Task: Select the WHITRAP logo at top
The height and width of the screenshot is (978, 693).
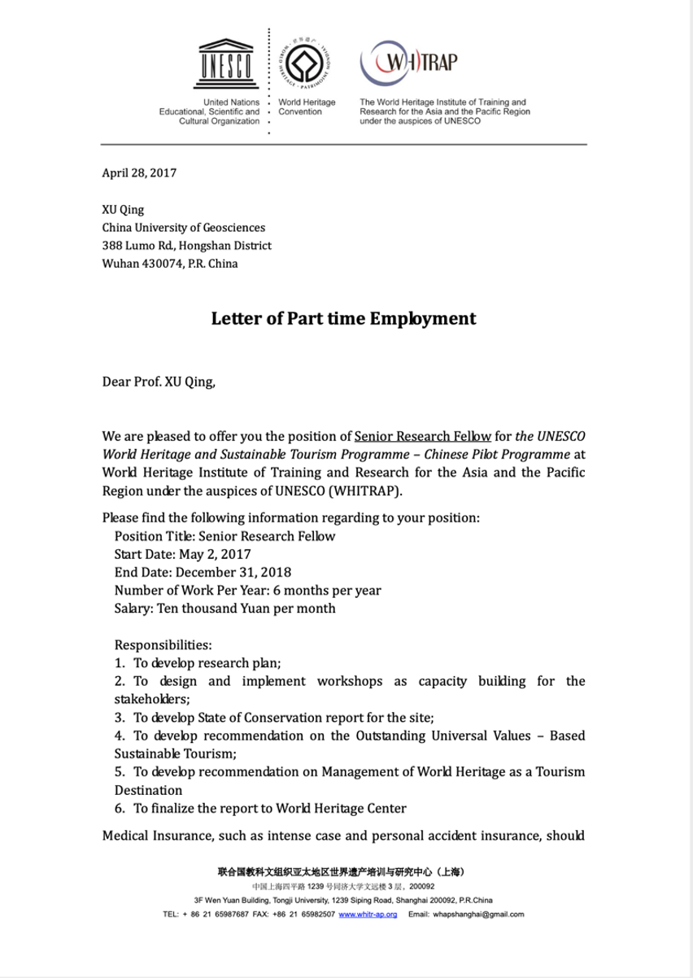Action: (x=410, y=61)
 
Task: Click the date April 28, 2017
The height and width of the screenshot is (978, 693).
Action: (x=139, y=172)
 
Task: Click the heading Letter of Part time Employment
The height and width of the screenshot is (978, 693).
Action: (x=343, y=317)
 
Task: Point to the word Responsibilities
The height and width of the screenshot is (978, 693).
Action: (x=163, y=644)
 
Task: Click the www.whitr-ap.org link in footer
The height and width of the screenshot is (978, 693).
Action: (x=368, y=915)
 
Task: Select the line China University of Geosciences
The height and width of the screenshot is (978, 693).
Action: (x=183, y=227)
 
